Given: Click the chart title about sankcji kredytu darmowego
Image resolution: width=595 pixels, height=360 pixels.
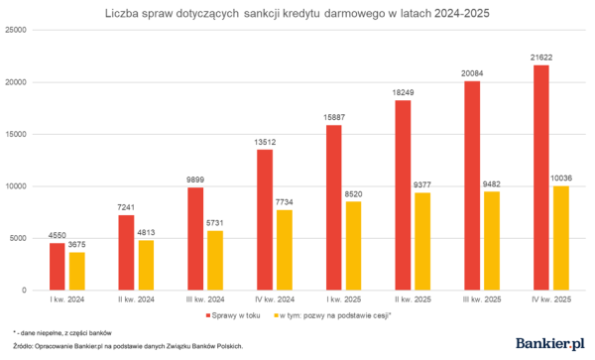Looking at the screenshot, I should tap(297, 15).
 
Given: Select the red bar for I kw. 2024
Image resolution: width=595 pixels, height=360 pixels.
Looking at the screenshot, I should tap(57, 266).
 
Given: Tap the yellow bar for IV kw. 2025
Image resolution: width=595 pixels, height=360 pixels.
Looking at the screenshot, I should tap(559, 238).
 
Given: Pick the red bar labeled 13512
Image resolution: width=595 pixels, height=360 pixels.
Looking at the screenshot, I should tap(263, 219).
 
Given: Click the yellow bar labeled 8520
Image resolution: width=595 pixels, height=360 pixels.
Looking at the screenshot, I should tap(353, 246).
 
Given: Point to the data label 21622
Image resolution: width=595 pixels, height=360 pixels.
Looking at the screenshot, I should tap(540, 58).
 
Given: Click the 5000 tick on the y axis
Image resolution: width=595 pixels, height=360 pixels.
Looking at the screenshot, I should tap(17, 238).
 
